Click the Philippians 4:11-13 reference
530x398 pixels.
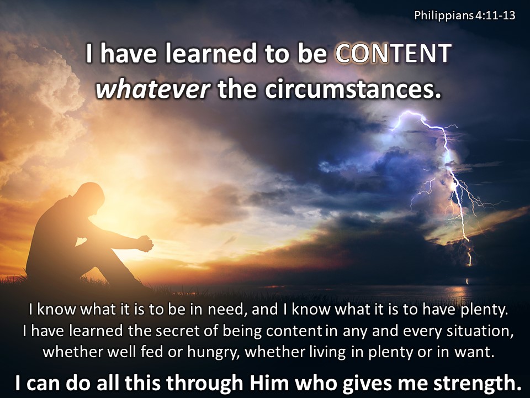465,15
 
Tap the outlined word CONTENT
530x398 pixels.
394,54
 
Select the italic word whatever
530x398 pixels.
153,90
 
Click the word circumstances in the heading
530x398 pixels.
353,90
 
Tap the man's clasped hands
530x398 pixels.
145,243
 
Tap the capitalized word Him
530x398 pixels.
269,383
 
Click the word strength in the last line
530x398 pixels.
478,384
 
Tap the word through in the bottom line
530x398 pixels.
204,384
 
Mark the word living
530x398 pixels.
328,353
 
